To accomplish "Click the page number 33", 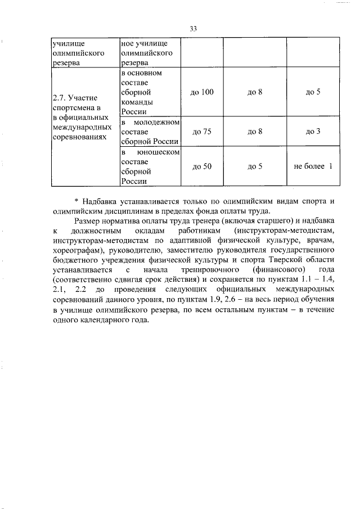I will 193,29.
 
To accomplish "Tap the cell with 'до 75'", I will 201,132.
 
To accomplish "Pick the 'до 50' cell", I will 201,166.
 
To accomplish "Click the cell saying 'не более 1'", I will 313,166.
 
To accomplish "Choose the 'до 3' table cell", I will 313,132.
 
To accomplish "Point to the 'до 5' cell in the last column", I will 313,92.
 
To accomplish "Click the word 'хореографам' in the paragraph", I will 78,249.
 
